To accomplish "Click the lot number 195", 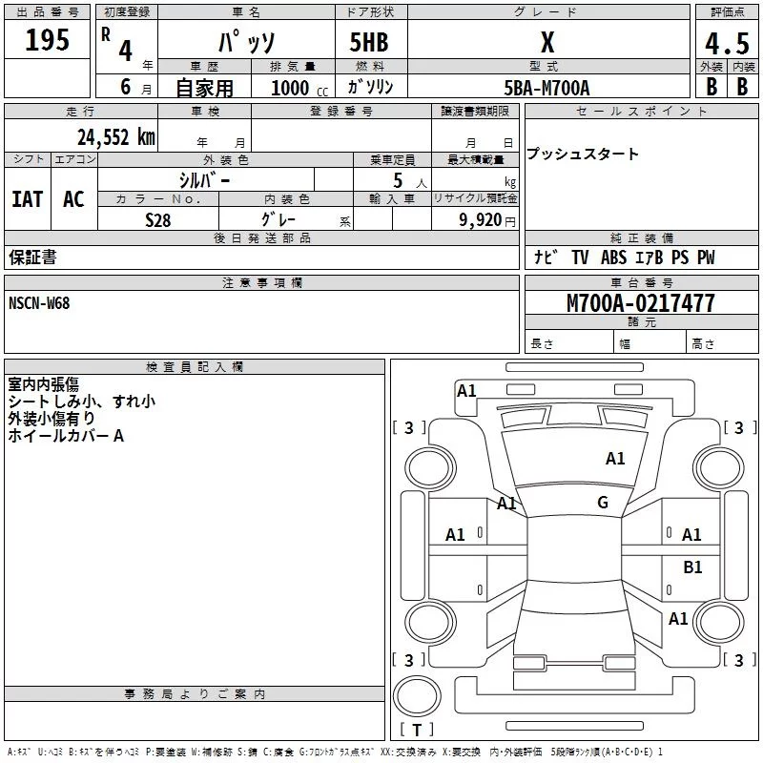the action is pos(47,40).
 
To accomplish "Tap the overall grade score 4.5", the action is pos(726,45).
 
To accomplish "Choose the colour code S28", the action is pos(158,219).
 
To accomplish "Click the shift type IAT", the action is pos(28,198).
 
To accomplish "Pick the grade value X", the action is pos(546,44).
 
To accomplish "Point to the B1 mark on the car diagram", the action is pos(692,567).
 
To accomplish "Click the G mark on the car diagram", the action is pos(603,503).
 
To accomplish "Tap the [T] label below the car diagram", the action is pos(416,731).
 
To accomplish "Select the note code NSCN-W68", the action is pos(39,303).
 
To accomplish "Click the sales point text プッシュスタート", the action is pos(583,155).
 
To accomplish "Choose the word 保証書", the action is pos(32,258).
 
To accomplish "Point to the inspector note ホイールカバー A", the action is pos(66,436).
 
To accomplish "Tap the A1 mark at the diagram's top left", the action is pos(466,390).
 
